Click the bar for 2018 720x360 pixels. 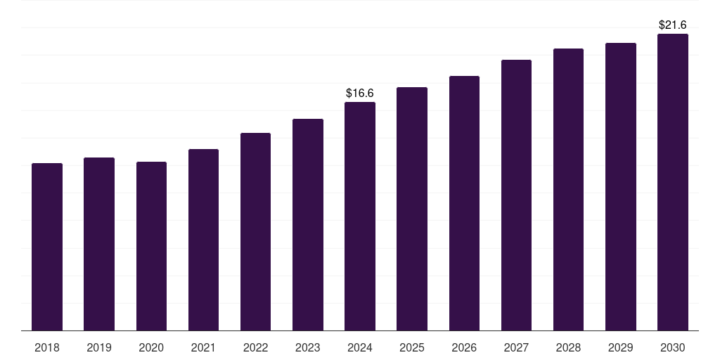47,247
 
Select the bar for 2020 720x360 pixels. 151,246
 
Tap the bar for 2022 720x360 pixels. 255,231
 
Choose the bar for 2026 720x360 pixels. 464,203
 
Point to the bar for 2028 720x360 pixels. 568,189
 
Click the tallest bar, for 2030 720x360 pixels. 672,182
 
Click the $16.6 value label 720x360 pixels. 360,93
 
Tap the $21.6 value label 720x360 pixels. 672,25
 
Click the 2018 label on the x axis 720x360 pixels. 47,347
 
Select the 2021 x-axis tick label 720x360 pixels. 203,347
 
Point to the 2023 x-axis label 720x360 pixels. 307,347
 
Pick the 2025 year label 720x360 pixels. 412,347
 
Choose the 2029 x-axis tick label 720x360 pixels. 620,347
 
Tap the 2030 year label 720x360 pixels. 672,347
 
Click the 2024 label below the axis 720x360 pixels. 360,347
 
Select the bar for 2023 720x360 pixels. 307,224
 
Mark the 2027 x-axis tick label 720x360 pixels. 516,347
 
